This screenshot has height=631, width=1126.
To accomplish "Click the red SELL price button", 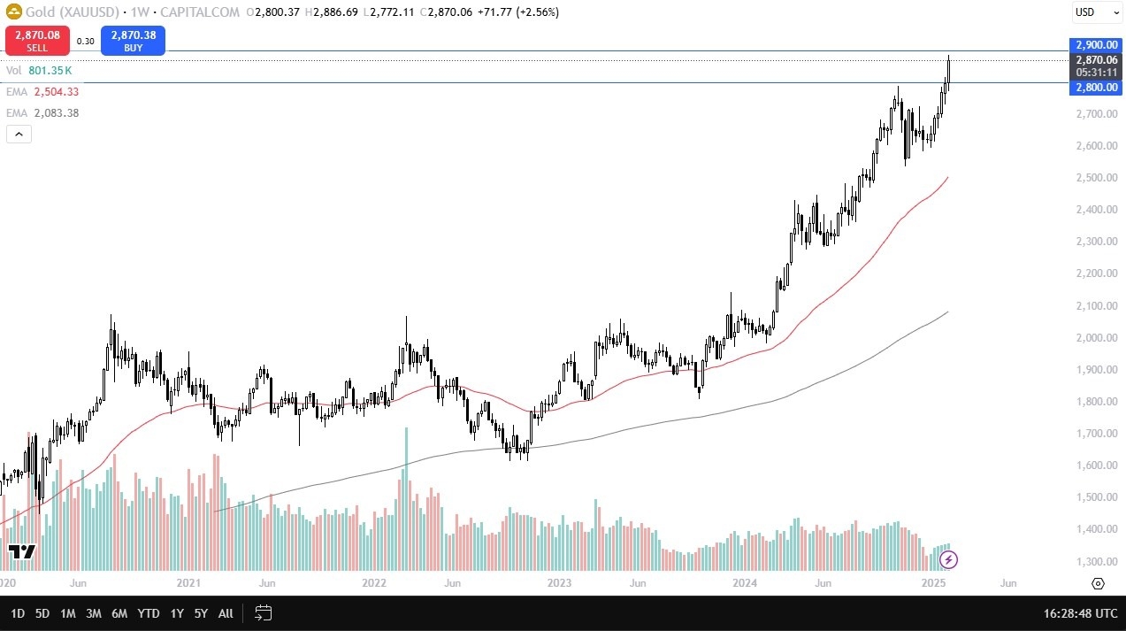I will (x=38, y=41).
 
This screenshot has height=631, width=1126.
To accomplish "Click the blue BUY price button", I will (x=133, y=41).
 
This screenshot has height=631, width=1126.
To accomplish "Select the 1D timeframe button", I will (x=18, y=613).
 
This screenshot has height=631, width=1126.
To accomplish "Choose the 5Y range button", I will (x=201, y=613).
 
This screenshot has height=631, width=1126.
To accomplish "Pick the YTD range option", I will (x=149, y=613).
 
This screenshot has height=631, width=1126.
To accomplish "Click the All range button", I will (x=226, y=613).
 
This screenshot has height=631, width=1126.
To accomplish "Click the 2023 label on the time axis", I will (x=559, y=583).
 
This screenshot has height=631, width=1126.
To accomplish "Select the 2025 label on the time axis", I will (x=934, y=583).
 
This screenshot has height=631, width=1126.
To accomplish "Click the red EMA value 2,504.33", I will (x=57, y=92).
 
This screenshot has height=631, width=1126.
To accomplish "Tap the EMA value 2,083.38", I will (x=57, y=113).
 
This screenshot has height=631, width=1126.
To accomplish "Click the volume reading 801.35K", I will (x=50, y=70).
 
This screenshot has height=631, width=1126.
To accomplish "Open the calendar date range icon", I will (x=263, y=612).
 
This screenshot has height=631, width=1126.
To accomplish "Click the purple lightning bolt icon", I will (x=948, y=559).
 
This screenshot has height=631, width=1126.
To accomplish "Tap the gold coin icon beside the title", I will (x=13, y=12).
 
